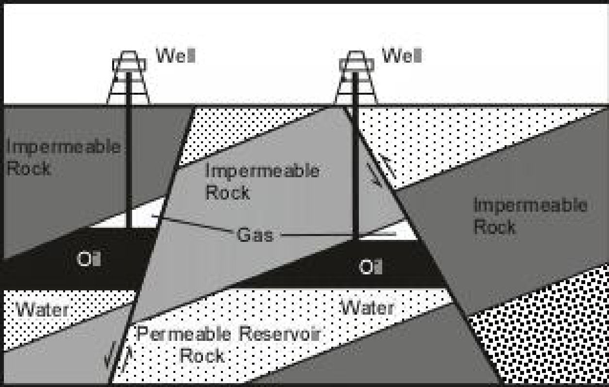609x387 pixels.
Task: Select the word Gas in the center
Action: (x=254, y=235)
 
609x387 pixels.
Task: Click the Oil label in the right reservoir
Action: (x=371, y=267)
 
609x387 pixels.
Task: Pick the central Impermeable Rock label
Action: (x=262, y=181)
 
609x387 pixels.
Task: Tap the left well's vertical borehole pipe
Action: (x=129, y=165)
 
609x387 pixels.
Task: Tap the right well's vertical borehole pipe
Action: (x=356, y=165)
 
